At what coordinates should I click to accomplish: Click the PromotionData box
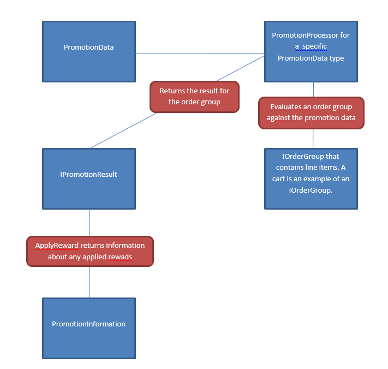pos(89,51)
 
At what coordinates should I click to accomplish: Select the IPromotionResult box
pos(89,178)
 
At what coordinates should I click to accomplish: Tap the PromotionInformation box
pos(89,328)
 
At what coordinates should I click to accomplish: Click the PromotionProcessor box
pos(311,51)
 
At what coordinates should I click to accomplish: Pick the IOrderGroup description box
pos(311,178)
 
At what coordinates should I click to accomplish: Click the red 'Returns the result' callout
pos(194,97)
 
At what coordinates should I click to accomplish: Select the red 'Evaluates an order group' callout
pos(311,113)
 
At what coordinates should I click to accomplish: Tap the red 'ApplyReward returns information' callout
pos(90,251)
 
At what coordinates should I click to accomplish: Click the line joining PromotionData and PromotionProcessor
pos(200,53)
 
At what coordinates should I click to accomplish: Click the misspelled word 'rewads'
pos(121,257)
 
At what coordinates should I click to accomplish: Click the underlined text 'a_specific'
pos(311,46)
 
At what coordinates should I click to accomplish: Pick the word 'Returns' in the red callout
pos(172,91)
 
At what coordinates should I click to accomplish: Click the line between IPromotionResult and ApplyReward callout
pos(89,222)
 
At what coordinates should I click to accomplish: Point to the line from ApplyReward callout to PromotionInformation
pos(89,282)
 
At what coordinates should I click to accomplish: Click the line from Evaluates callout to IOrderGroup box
pos(313,138)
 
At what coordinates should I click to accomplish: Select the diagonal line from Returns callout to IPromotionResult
pos(123,130)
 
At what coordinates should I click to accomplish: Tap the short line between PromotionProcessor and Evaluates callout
pos(313,90)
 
